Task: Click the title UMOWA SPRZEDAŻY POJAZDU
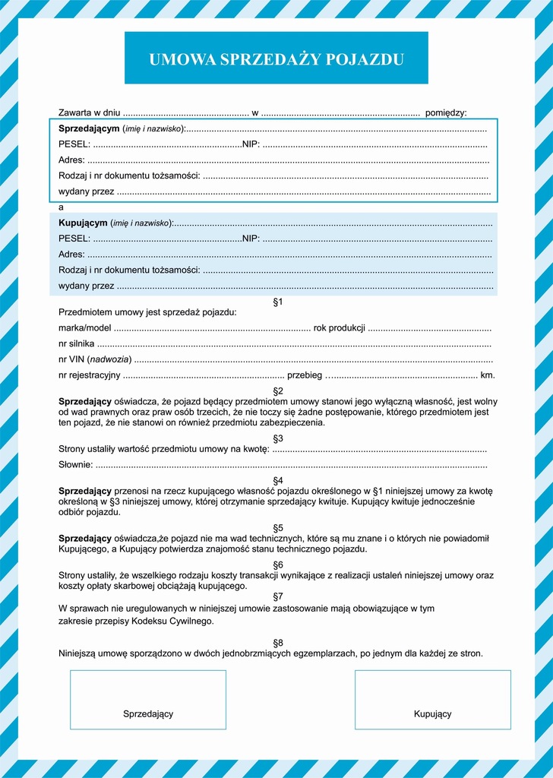[x=276, y=59]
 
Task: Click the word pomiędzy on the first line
[x=446, y=112]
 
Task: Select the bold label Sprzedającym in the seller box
[x=89, y=128]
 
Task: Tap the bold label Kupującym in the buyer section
[x=83, y=223]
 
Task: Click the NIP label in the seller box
[x=251, y=144]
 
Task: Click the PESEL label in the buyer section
[x=74, y=239]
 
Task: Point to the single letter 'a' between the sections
[x=61, y=207]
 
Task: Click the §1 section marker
[x=277, y=302]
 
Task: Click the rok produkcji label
[x=340, y=328]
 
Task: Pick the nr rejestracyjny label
[x=89, y=375]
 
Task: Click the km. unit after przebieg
[x=488, y=375]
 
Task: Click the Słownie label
[x=75, y=464]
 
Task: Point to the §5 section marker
[x=277, y=527]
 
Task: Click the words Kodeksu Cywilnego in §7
[x=177, y=621]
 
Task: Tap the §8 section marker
[x=277, y=642]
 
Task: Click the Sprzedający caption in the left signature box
[x=148, y=713]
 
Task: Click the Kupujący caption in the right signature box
[x=432, y=713]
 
